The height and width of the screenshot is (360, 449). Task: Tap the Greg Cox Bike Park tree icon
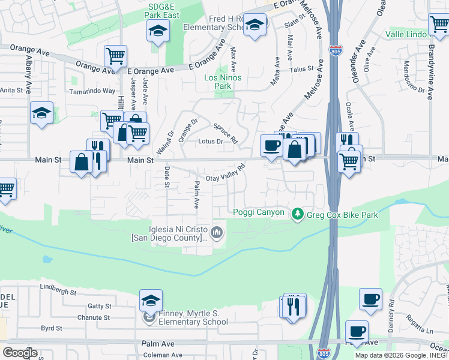tap(297, 214)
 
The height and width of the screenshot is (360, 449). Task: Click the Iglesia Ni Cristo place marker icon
tap(217, 232)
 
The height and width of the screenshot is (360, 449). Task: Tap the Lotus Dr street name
tap(211, 142)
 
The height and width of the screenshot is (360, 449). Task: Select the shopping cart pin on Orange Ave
tap(115, 56)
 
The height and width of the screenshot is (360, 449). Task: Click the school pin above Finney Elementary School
tap(151, 299)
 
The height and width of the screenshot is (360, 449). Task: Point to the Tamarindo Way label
tap(92, 91)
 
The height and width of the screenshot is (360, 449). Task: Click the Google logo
tap(20, 352)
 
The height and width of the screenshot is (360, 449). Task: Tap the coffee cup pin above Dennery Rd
tap(370, 298)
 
